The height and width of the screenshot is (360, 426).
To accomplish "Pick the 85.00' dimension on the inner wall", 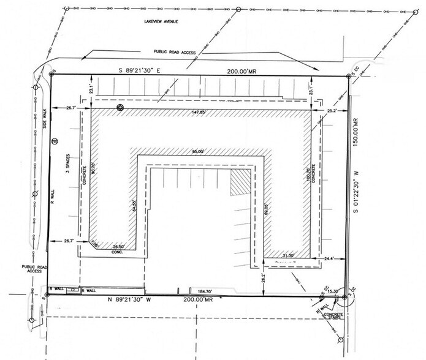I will (197, 151).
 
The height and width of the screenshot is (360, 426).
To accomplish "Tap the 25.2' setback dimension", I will (332, 111).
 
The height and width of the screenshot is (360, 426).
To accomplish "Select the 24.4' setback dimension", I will (329, 259).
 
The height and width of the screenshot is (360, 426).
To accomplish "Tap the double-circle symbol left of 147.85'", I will (120, 108).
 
